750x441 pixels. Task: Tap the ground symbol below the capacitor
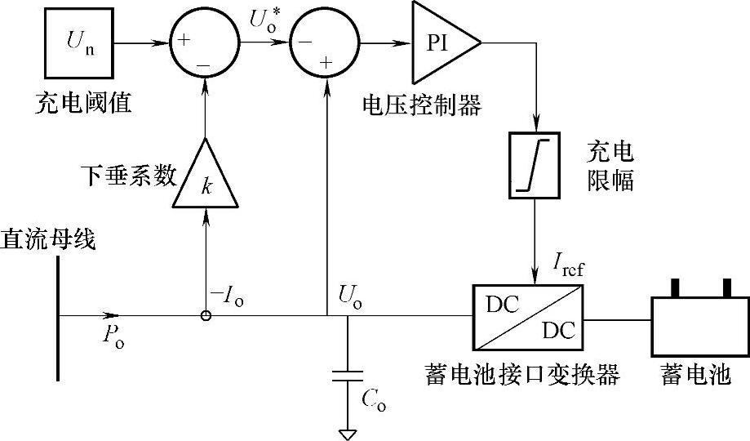348,433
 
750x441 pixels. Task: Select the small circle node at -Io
206,315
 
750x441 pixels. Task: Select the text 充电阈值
83,104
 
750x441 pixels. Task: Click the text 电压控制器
423,104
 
